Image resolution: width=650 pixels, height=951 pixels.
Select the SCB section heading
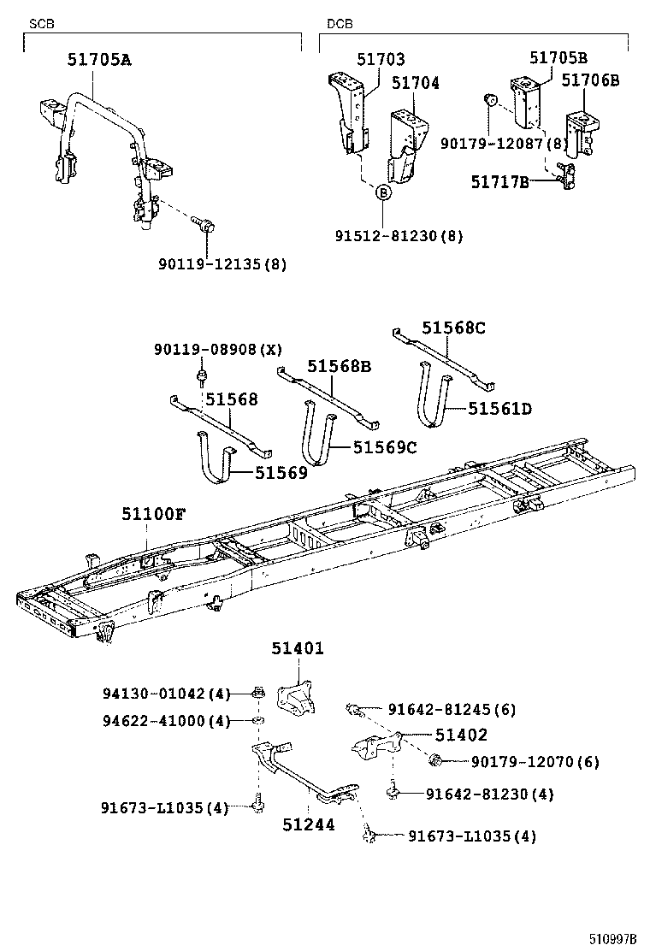point(41,25)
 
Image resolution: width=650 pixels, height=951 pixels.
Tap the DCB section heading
point(340,25)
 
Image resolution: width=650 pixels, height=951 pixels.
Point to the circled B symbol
point(384,193)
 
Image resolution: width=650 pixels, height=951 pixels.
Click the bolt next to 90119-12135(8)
point(207,227)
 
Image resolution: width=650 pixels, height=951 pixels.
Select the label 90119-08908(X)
point(217,349)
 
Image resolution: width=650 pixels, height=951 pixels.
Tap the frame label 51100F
point(153,513)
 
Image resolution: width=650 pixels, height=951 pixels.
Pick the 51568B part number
point(340,366)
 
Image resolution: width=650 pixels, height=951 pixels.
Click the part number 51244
point(309,825)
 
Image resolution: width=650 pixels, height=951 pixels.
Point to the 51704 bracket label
point(416,83)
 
